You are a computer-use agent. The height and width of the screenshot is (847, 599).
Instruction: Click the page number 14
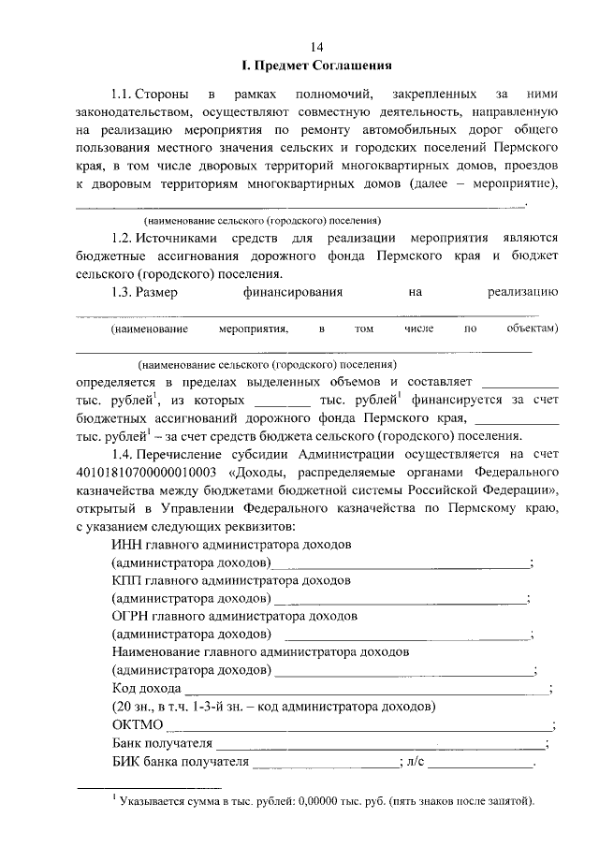tap(316, 47)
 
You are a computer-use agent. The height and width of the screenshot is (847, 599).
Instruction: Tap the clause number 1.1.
tap(121, 95)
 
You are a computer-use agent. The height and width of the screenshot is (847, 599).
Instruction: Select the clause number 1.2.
tap(121, 239)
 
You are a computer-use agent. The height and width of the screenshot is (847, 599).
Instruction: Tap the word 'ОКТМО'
tap(137, 725)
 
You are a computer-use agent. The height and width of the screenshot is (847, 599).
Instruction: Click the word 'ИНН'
tap(124, 545)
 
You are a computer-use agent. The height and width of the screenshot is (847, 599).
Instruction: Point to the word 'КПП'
tap(126, 581)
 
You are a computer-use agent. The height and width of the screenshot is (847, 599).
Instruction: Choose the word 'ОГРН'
tap(130, 618)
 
